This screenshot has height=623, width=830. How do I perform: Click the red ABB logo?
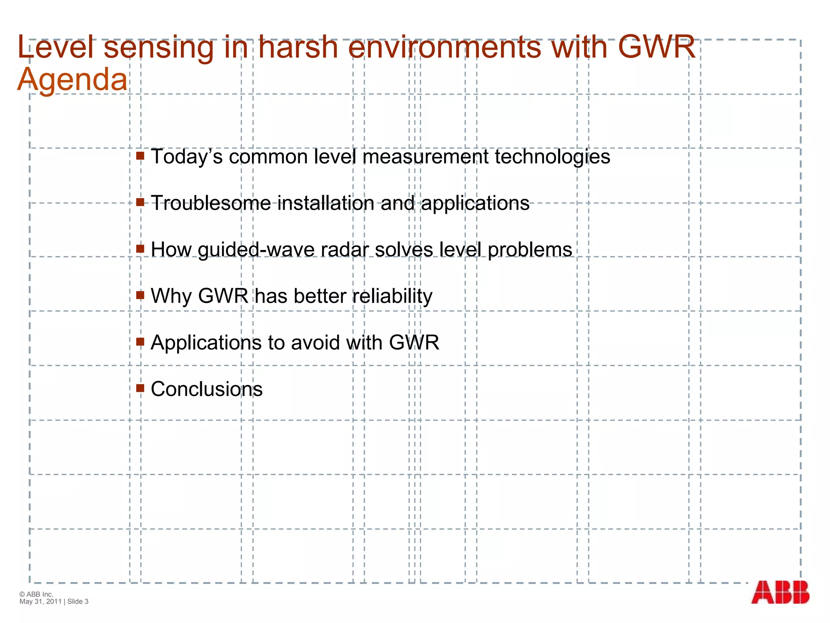[x=780, y=592]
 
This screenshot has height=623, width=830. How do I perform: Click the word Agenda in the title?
[x=73, y=80]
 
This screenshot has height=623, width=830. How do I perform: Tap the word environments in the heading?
[x=445, y=47]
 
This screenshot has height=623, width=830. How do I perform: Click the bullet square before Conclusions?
[x=140, y=388]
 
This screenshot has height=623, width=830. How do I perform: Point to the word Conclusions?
[x=207, y=389]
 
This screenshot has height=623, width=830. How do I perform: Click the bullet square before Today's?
[x=140, y=156]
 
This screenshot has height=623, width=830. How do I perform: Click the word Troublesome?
[x=211, y=203]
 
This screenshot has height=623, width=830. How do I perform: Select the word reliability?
[x=392, y=296]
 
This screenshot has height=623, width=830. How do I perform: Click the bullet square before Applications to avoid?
[x=140, y=342]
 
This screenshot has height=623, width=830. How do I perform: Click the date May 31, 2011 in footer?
[x=40, y=602]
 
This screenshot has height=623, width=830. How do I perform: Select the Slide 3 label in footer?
[x=78, y=602]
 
